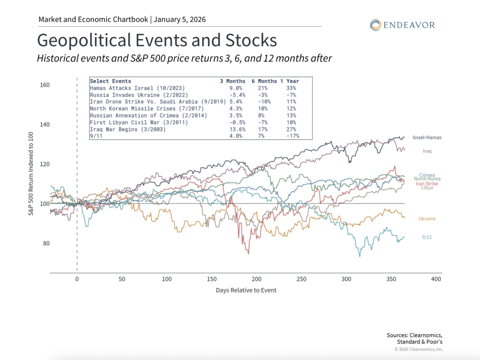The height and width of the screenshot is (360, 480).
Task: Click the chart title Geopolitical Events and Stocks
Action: tap(157, 40)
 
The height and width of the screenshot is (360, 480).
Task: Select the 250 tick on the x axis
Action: tap(301, 279)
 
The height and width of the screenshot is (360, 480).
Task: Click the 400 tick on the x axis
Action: tap(436, 279)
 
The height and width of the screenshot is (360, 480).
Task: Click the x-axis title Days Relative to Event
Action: tap(246, 290)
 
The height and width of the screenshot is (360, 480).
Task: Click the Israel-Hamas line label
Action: tap(427, 137)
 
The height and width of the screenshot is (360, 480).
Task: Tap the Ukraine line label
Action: tap(427, 219)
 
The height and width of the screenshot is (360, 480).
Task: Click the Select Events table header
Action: tap(110, 81)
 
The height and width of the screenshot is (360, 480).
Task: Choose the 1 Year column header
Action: tap(289, 81)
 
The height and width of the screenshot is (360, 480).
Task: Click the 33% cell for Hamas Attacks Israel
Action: tap(291, 88)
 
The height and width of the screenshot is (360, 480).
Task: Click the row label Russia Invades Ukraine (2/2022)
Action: tap(133, 95)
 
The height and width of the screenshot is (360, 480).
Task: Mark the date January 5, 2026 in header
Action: tap(180, 20)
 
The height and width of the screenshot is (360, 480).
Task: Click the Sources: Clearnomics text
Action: tap(414, 335)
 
